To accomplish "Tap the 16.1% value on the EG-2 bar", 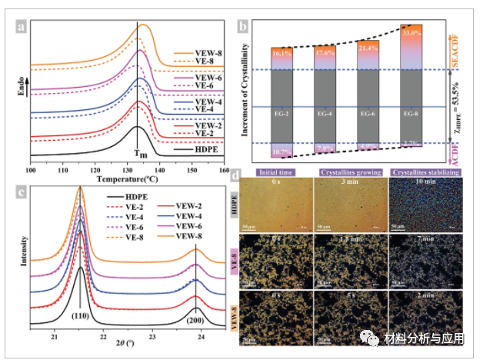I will coord(280,53).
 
